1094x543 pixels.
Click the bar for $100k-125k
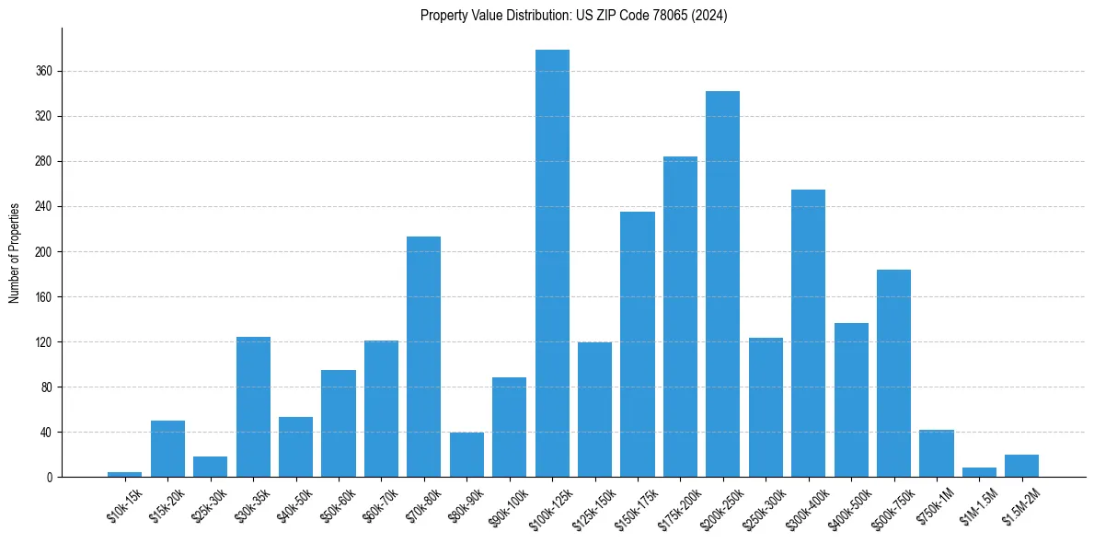pyautogui.click(x=552, y=263)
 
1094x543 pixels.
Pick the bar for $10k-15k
pyautogui.click(x=124, y=474)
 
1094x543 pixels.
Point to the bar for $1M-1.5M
pyautogui.click(x=979, y=472)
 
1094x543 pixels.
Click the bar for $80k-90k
pyautogui.click(x=466, y=455)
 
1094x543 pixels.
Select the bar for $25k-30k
pyautogui.click(x=210, y=467)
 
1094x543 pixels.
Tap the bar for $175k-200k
pyautogui.click(x=680, y=317)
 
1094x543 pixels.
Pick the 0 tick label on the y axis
pyautogui.click(x=51, y=477)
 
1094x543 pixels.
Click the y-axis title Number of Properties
pyautogui.click(x=15, y=252)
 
